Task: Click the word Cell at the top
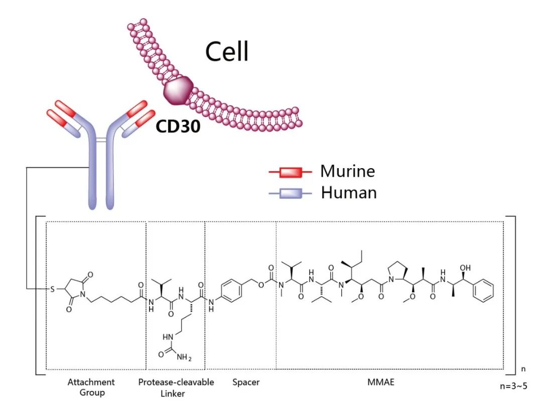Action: (x=227, y=52)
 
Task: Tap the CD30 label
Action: (x=178, y=126)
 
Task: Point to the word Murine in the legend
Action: (x=347, y=171)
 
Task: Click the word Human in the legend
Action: (x=349, y=192)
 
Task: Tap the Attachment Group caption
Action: (x=91, y=387)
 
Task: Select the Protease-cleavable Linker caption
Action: (x=176, y=387)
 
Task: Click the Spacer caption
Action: (x=246, y=382)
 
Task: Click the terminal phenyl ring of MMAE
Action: (x=484, y=292)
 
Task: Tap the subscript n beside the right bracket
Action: (x=523, y=369)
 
